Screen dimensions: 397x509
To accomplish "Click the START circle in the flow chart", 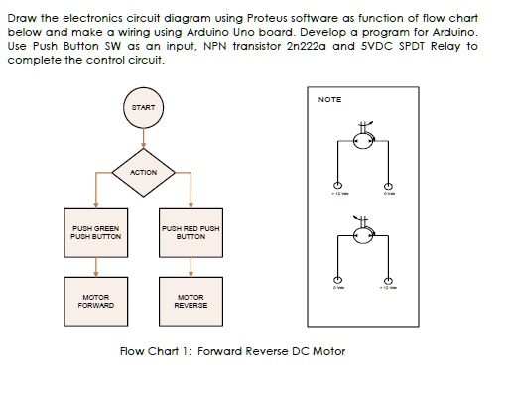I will coord(143,105).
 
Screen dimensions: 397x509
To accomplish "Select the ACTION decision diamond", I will coord(143,172).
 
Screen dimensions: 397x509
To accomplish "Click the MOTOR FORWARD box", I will coord(95,301).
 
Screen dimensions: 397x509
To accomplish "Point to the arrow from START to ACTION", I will coord(143,137).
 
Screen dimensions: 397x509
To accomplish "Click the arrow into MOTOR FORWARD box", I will coord(95,268).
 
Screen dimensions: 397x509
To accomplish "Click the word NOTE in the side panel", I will coord(329,100).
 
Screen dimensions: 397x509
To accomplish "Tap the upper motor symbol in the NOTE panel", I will coord(363,141).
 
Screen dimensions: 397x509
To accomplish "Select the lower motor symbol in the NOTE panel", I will coord(363,236).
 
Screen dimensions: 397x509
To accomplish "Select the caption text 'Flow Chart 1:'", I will coord(150,351).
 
